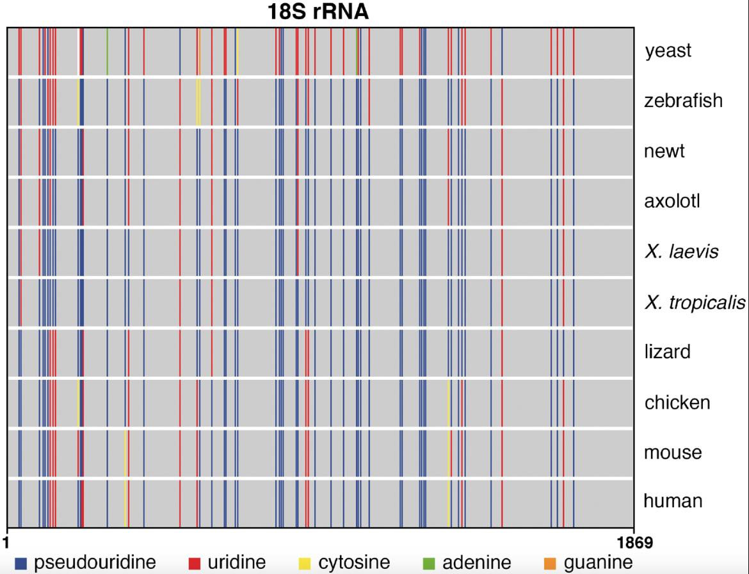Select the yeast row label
pos(668,51)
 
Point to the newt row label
pos(664,151)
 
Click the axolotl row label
pos(672,201)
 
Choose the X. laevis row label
pos(681,251)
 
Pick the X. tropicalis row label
pos(695,302)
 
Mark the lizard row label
pos(667,352)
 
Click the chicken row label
pos(677,402)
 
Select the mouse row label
pos(673,452)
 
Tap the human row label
pos(673,500)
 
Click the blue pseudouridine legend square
pos(20,563)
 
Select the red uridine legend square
pos(194,563)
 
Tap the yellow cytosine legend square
pos(305,563)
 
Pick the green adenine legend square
pos(429,563)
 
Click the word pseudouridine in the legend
pos(95,563)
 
